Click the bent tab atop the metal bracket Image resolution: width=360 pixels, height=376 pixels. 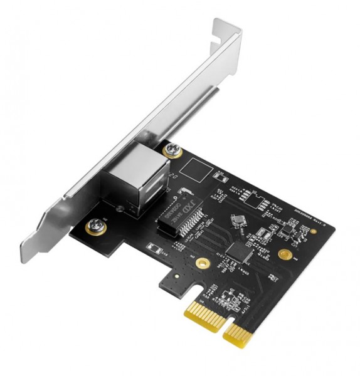[226, 28]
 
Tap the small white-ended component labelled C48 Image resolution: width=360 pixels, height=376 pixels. [152, 247]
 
